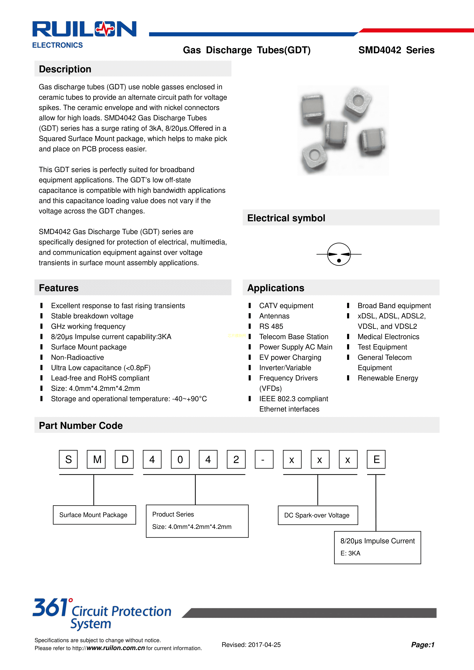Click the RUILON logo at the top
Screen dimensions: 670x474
(x=84, y=29)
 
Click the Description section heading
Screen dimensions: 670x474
(x=65, y=69)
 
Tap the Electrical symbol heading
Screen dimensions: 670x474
(x=286, y=218)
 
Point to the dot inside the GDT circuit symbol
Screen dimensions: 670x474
(x=339, y=260)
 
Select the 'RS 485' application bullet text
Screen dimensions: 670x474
(x=271, y=326)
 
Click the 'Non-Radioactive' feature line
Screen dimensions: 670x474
(x=77, y=357)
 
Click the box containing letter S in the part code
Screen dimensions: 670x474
(x=68, y=459)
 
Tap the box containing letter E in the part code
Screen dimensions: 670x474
(x=376, y=459)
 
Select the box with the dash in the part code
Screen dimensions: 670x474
(x=264, y=459)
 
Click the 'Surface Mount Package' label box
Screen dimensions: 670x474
(x=94, y=515)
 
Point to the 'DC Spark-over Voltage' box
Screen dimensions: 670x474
(x=318, y=515)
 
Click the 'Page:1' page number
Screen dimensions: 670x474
(x=423, y=645)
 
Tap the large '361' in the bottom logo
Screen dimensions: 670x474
(x=50, y=608)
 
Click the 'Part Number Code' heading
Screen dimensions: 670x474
(x=81, y=425)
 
